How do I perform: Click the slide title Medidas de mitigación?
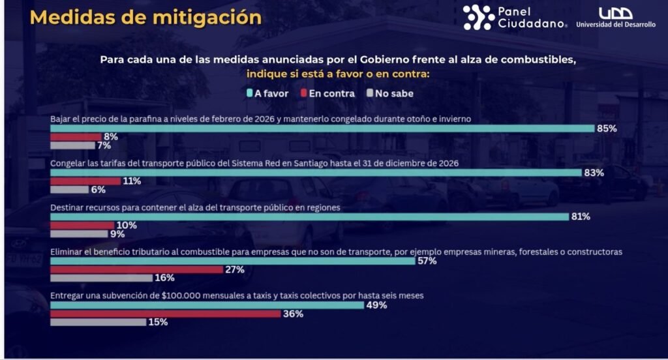[145, 18]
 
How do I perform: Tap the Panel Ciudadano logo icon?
[479, 18]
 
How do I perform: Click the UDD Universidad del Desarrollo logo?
[615, 18]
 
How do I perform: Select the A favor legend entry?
[267, 93]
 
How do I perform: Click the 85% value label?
[607, 128]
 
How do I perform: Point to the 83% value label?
[594, 173]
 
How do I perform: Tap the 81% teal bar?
[309, 217]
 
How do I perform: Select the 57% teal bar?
[233, 261]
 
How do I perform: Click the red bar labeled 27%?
[136, 269]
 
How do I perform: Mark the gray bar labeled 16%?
[102, 278]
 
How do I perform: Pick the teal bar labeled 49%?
[207, 305]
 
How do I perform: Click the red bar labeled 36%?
[165, 314]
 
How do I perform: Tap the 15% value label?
[158, 322]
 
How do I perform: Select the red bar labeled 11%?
[85, 181]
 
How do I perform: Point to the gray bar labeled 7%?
[72, 145]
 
